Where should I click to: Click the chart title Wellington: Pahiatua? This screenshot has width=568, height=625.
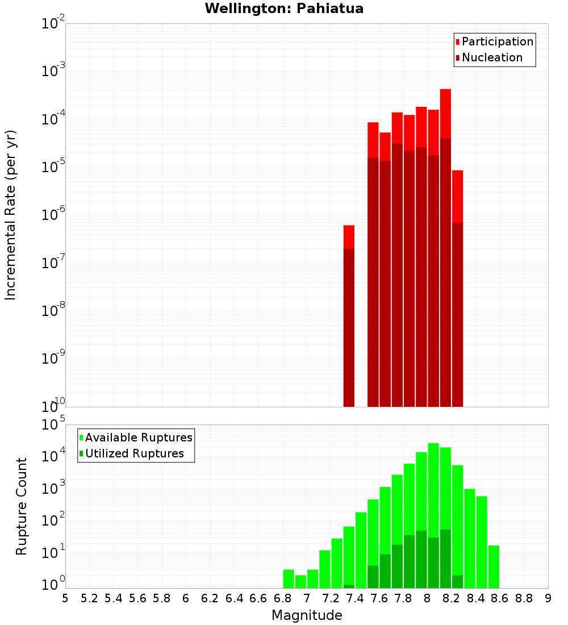tap(284, 9)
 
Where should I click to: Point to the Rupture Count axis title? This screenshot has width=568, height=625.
tap(22, 506)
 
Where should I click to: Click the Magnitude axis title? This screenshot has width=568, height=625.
tap(307, 615)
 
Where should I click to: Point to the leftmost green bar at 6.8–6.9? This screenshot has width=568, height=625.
tap(289, 578)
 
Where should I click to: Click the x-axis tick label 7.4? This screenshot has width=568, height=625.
tap(355, 598)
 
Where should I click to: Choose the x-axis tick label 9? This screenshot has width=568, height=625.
tap(548, 598)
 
